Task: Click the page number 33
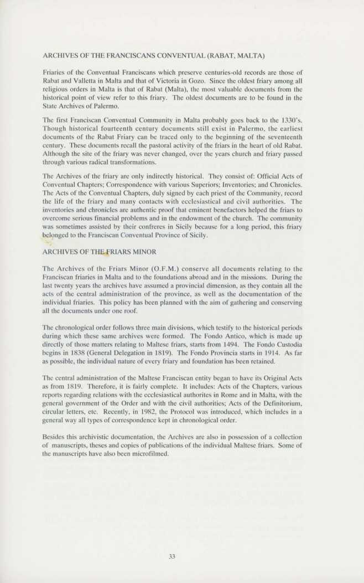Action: (x=172, y=556)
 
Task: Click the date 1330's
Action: (x=290, y=119)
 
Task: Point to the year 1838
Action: (x=77, y=353)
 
